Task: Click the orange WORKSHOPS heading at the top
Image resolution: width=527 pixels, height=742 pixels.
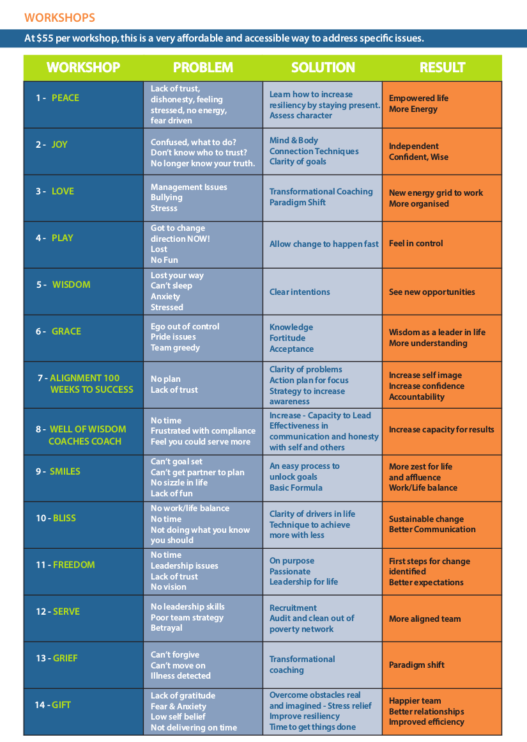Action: tap(59, 17)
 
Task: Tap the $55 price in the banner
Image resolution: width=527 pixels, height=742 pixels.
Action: tap(44, 38)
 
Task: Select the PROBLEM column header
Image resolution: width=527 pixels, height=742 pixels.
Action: tap(202, 68)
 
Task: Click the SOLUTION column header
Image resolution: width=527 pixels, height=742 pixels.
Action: tap(323, 68)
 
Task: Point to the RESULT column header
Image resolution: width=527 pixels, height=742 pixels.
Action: tap(442, 68)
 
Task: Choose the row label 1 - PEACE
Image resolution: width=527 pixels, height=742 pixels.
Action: tap(57, 98)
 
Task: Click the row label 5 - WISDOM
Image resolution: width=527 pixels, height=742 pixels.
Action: tap(63, 285)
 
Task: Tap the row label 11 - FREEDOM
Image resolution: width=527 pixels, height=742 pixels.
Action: tap(65, 565)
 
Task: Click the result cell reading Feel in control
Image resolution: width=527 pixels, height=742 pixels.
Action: tap(415, 244)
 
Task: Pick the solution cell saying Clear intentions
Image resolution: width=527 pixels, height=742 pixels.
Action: tap(300, 292)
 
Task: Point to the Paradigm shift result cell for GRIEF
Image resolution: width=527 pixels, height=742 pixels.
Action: tap(416, 665)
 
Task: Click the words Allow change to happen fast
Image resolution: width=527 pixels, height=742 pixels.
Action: tap(324, 244)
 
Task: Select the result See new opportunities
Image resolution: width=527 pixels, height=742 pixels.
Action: tap(432, 292)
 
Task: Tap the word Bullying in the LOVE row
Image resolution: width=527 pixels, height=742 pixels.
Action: tap(167, 198)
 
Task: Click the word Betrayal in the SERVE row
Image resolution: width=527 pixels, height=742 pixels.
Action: tap(167, 628)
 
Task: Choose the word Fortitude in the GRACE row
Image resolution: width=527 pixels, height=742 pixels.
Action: tap(287, 338)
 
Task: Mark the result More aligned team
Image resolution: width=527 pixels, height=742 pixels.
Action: tap(425, 619)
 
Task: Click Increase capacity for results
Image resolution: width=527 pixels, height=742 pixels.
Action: tap(441, 429)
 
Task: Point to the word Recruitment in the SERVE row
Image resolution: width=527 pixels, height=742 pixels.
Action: tap(293, 608)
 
